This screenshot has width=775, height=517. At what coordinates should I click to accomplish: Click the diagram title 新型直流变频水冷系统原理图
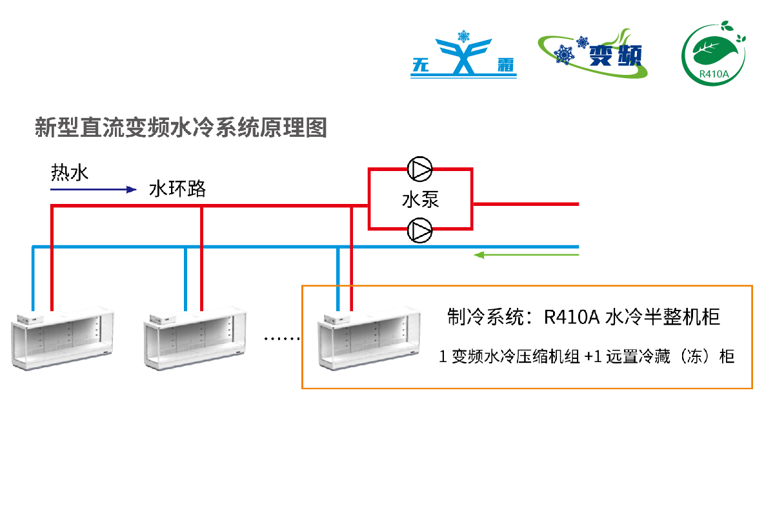[181, 127]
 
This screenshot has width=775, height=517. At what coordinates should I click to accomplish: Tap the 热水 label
[70, 172]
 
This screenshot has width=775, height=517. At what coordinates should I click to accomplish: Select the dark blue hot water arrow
[94, 190]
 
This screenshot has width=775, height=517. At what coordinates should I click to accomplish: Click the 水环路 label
[177, 189]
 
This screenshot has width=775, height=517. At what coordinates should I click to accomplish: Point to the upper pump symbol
[420, 170]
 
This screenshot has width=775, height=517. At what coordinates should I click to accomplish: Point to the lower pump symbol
[420, 230]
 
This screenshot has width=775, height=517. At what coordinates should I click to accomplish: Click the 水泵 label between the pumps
[420, 199]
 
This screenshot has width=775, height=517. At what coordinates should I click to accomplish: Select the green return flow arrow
[526, 255]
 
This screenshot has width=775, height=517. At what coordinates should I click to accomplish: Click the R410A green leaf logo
[714, 52]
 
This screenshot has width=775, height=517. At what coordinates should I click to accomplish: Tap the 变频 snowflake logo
[592, 53]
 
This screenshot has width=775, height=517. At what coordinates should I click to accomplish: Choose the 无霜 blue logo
[463, 57]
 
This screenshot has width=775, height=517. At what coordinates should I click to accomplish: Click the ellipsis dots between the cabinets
[283, 338]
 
